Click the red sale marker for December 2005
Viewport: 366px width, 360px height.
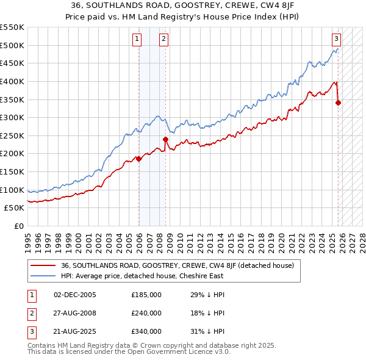point(138,159)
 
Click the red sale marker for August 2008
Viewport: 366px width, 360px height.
point(165,139)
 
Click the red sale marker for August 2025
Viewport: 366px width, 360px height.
point(338,103)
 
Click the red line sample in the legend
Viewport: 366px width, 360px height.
point(43,265)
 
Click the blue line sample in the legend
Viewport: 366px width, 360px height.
point(43,276)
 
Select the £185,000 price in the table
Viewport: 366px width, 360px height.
point(146,295)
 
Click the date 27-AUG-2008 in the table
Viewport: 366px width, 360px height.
point(74,313)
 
